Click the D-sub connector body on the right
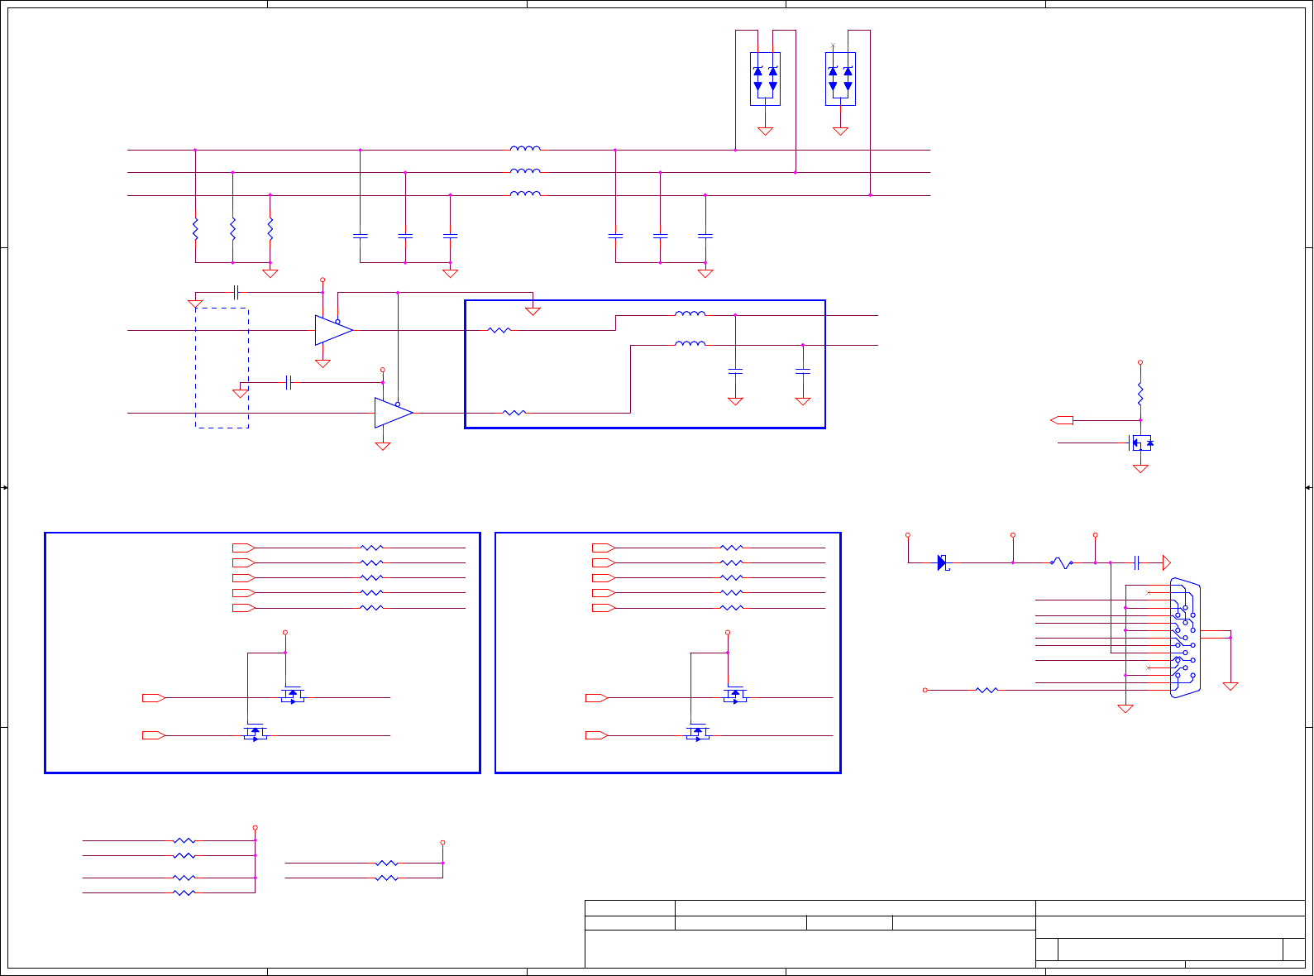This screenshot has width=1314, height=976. [1185, 638]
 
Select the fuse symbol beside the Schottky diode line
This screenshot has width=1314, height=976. [1062, 563]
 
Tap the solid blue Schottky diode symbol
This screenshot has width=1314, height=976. [942, 563]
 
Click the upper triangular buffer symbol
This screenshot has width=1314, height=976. [333, 330]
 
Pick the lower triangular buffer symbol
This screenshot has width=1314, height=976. [393, 413]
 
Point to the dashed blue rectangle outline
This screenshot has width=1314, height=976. [222, 368]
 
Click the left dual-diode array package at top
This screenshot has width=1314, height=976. [765, 79]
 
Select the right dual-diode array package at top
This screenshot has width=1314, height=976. [840, 79]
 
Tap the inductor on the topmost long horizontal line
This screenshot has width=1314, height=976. [525, 149]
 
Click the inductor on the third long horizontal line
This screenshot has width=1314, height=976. [525, 194]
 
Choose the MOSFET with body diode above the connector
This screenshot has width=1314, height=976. [1141, 443]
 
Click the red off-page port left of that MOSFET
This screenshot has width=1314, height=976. [1062, 420]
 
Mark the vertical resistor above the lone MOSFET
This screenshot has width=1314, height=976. [1140, 393]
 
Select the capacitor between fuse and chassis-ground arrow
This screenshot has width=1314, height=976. [1137, 563]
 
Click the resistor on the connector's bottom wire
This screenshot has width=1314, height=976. [987, 690]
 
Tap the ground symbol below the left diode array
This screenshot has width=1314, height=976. [765, 131]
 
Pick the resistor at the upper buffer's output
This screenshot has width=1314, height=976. [499, 330]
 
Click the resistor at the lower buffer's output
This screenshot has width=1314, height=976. [514, 413]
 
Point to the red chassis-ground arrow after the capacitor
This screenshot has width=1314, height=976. [1166, 563]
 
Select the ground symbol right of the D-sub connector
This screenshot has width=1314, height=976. [1230, 686]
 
